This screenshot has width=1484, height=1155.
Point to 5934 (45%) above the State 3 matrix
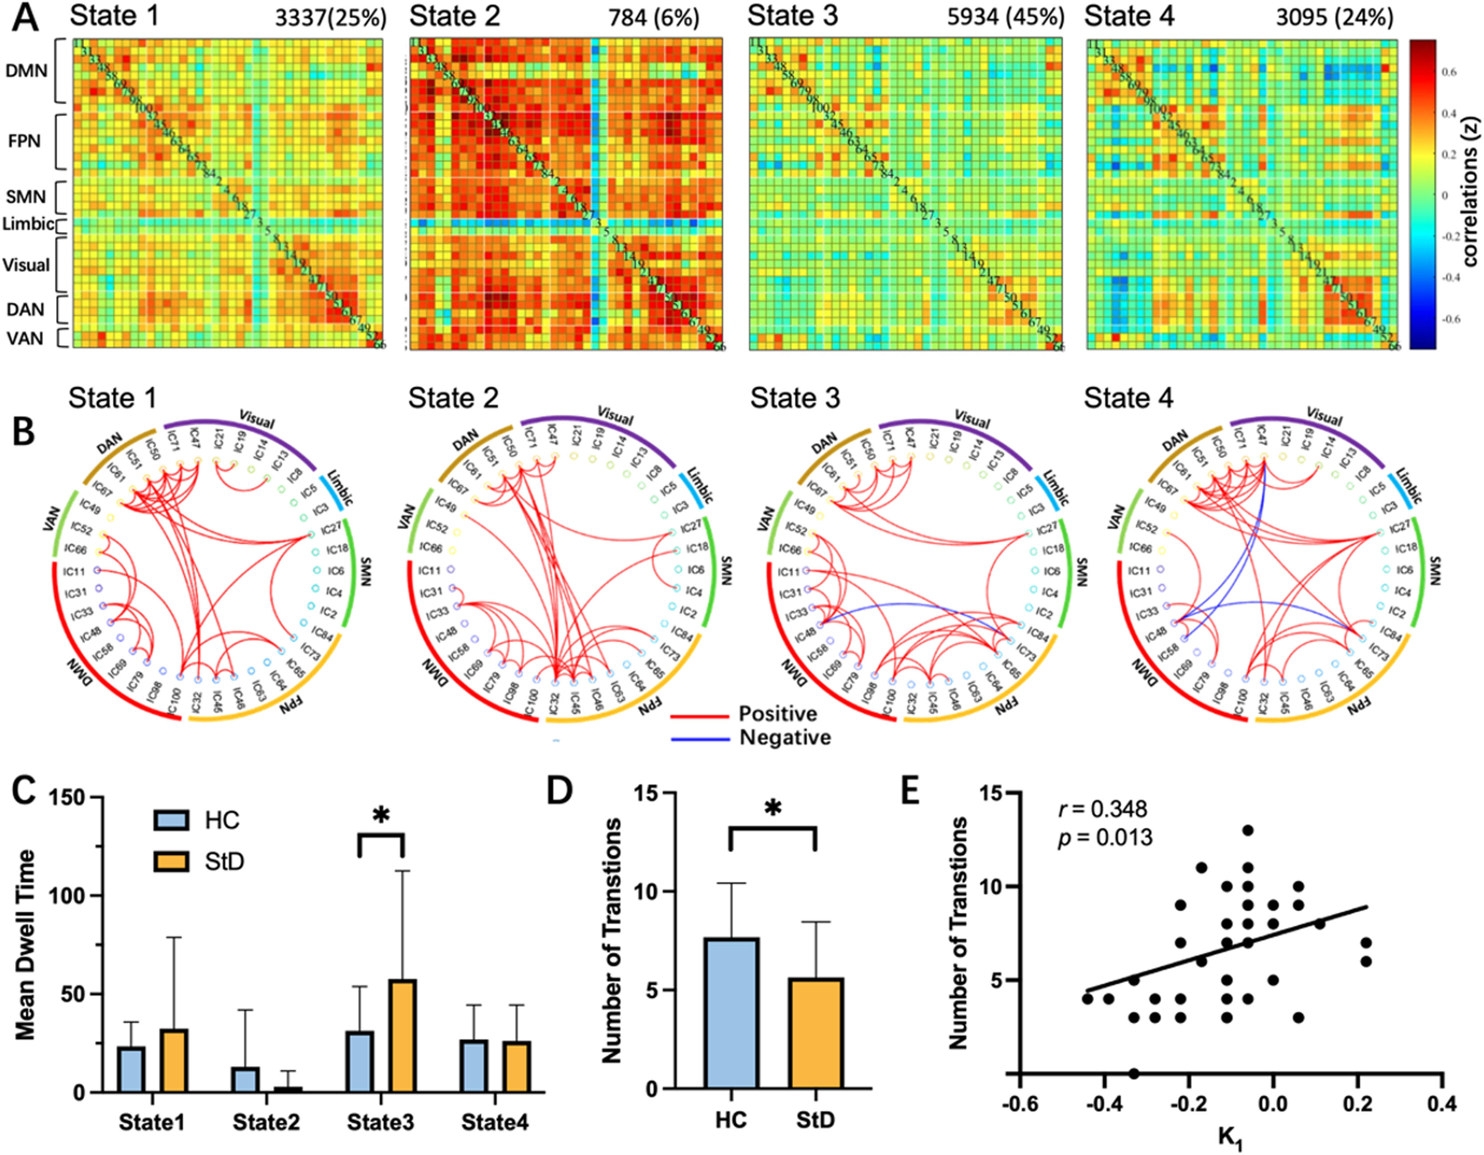1006,18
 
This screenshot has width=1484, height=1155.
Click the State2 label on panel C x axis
266,1122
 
